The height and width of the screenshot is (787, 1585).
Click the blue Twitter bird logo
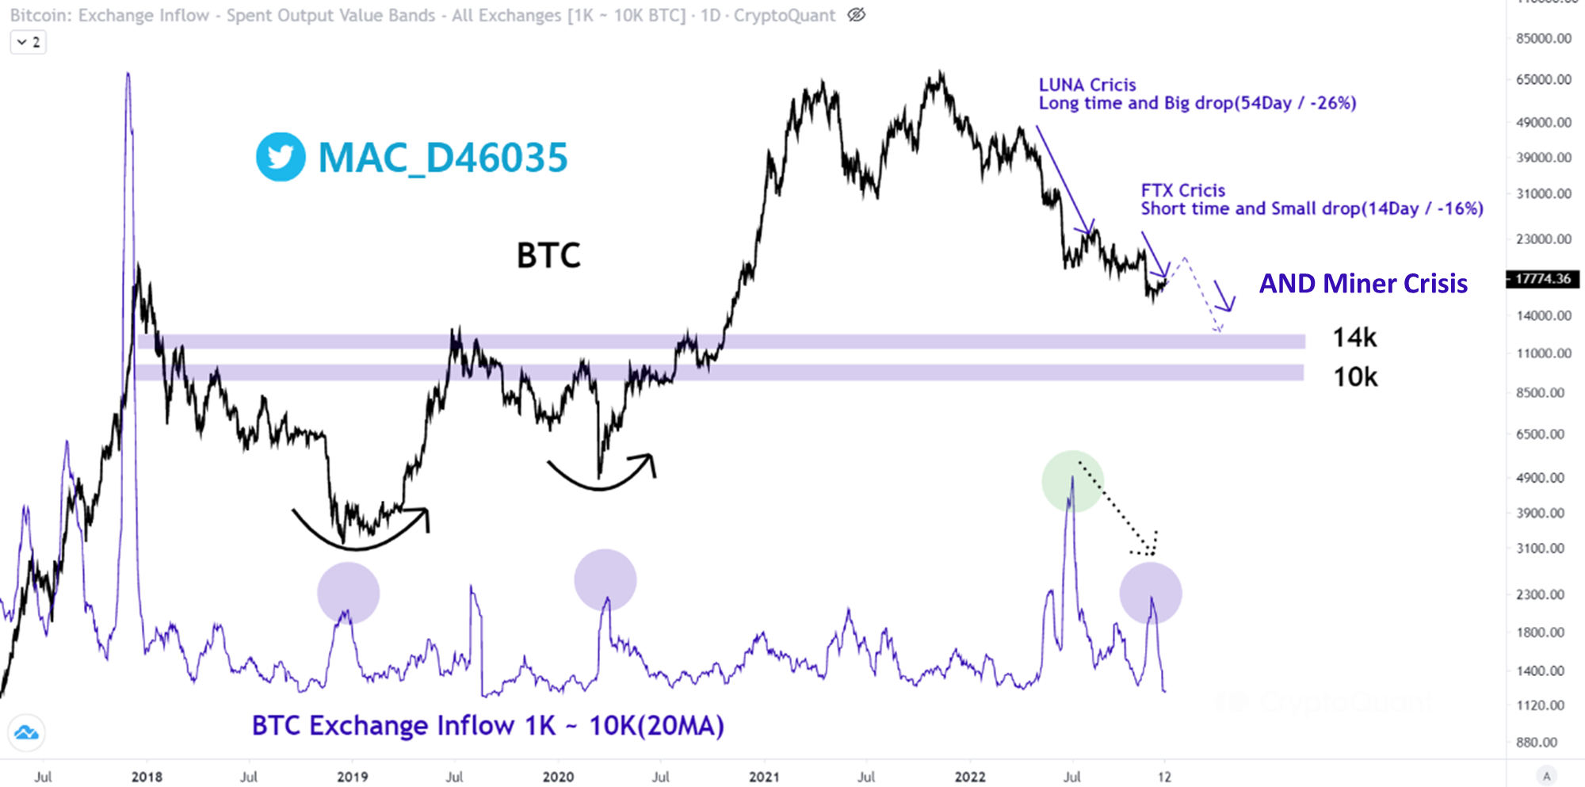coord(281,157)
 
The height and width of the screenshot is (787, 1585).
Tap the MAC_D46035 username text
coord(442,158)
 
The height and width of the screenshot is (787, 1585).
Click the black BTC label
coord(548,256)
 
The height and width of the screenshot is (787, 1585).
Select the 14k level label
coord(1354,338)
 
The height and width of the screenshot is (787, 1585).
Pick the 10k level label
coord(1354,377)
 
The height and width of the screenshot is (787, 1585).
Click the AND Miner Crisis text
coord(1363,284)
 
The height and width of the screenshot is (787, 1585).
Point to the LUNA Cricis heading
coord(1087,85)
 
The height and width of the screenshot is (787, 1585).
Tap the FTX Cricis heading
coord(1182,190)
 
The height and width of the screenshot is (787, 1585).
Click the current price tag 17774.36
coord(1542,279)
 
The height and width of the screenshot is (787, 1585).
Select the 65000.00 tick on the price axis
coord(1543,79)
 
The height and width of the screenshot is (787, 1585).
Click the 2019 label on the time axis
coord(352,777)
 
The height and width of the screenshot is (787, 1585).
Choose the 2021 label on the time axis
coord(764,777)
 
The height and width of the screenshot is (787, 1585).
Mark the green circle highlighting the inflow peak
coord(1072,481)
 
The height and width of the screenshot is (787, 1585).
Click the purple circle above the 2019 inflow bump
coord(348,593)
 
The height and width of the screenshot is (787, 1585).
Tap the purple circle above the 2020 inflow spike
coord(605,580)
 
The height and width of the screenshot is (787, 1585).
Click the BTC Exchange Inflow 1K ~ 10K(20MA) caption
coord(487,725)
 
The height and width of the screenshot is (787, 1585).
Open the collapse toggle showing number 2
coord(29,42)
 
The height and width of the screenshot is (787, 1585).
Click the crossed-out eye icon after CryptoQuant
coord(856,15)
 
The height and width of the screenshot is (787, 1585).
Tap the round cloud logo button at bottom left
coord(26,732)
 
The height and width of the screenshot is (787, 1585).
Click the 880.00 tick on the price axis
coord(1537,743)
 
